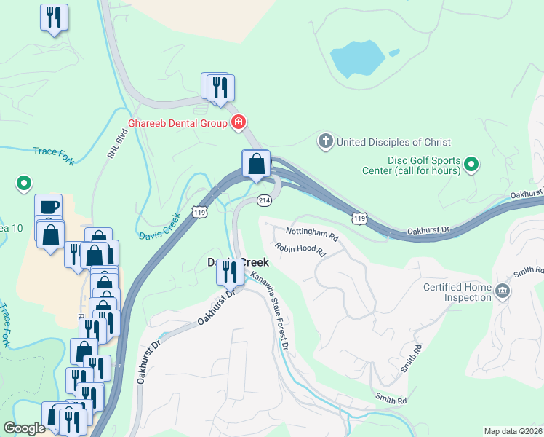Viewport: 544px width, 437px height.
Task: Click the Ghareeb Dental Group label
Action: [x=178, y=123]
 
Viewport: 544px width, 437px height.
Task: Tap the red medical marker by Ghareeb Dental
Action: [x=237, y=122]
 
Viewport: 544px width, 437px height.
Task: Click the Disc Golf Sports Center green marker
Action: [x=471, y=165]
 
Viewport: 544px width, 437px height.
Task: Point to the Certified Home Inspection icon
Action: [x=502, y=292]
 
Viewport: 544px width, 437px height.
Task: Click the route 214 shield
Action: [x=263, y=200]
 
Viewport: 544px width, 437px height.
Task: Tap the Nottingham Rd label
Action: [x=312, y=237]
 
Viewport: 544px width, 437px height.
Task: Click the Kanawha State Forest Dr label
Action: [x=271, y=310]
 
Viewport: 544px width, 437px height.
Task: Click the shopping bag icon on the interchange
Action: [x=256, y=164]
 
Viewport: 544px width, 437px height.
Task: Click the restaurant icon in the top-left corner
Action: [x=53, y=17]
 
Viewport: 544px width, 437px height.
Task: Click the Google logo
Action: [x=24, y=428]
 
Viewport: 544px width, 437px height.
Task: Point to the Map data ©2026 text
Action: [x=513, y=431]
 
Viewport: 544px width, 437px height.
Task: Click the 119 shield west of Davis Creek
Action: [x=199, y=212]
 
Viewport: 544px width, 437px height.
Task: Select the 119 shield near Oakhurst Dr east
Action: [x=359, y=219]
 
